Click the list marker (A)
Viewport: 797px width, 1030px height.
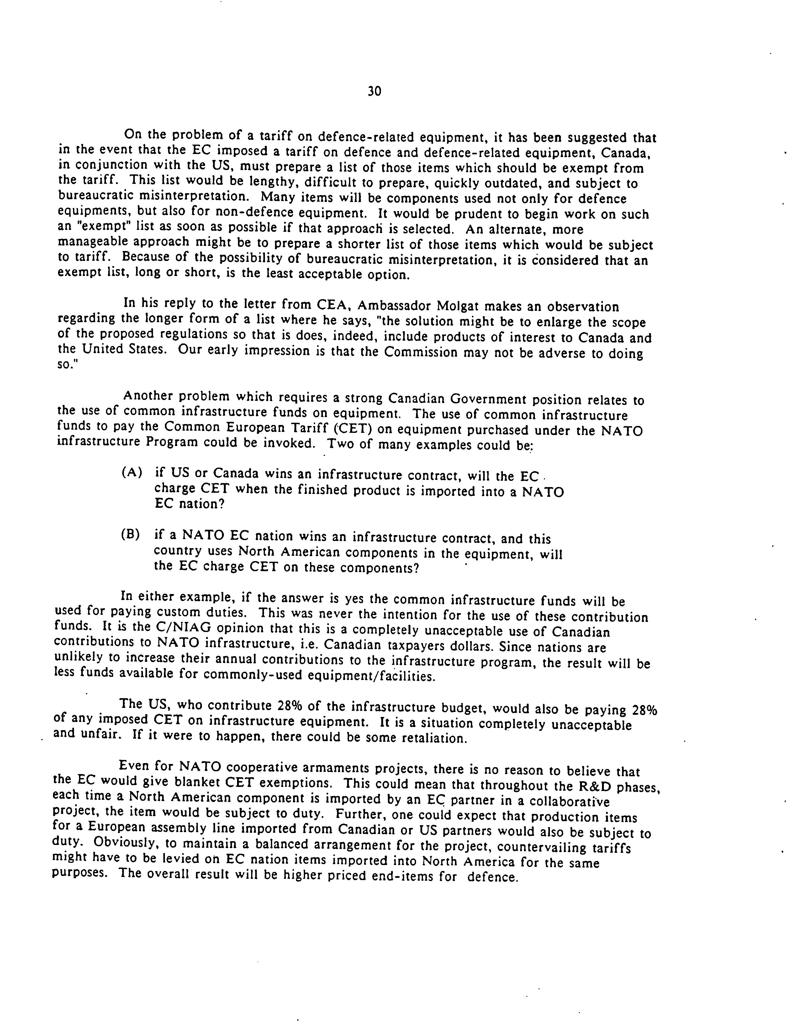pyautogui.click(x=132, y=473)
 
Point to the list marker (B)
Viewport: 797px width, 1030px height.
pyautogui.click(x=131, y=535)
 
